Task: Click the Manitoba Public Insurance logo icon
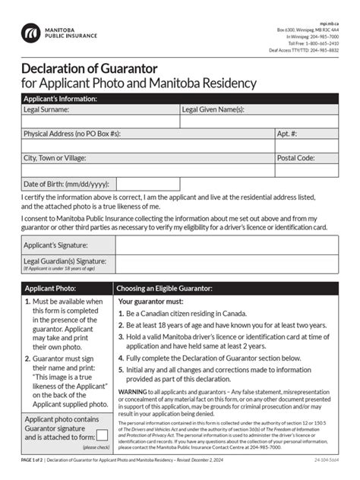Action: click(30, 33)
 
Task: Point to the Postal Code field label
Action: click(295, 158)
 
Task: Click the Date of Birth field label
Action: click(66, 184)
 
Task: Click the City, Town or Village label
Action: click(55, 158)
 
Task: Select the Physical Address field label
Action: click(71, 134)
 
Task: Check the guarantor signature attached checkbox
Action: click(101, 435)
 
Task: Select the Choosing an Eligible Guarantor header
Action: click(164, 289)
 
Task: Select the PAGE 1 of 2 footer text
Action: click(33, 461)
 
